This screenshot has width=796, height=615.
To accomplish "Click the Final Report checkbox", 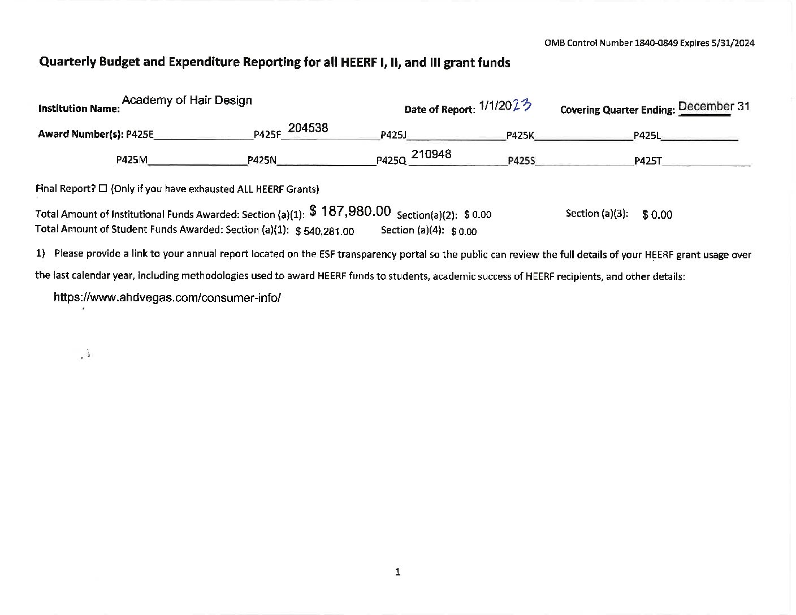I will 103,189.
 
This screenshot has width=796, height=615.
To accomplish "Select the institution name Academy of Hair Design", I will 187,100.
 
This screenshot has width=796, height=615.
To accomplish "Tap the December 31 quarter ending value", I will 713,106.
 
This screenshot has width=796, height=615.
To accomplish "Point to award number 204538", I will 308,128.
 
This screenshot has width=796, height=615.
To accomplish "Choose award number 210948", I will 431,154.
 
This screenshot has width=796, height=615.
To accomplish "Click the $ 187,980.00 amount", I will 350,211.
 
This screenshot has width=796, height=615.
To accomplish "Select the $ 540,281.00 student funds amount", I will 325,231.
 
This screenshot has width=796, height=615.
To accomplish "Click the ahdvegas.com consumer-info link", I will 167,297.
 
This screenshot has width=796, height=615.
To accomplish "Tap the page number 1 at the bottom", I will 397,572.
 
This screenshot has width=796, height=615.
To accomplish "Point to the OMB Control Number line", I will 649,43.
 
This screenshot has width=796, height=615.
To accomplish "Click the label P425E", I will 140,135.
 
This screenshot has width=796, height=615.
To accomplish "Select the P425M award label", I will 132,160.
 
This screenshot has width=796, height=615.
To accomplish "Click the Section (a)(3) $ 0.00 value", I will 657,215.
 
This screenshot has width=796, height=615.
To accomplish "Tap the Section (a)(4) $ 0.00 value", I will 464,231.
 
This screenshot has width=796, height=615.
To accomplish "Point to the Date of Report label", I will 439,109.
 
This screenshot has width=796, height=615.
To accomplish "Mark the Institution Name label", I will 79,108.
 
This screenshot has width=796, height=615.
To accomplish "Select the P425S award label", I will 521,161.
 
